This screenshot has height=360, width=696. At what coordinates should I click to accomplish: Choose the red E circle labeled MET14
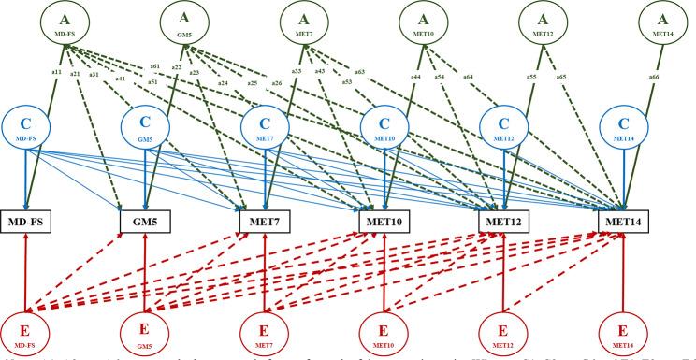click(x=624, y=329)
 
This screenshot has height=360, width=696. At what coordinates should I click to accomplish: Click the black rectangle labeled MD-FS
click(x=30, y=221)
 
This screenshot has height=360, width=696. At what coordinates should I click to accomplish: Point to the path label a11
click(x=55, y=72)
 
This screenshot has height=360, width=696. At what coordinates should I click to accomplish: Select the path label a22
click(x=175, y=66)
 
